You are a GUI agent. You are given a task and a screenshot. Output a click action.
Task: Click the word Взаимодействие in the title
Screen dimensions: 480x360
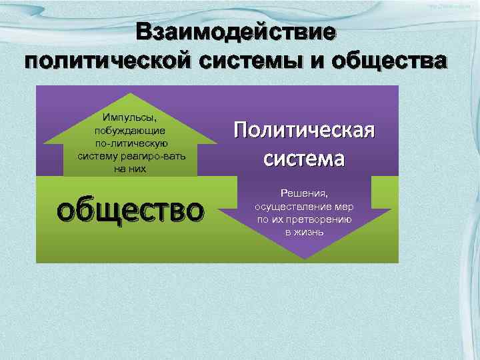(x=237, y=33)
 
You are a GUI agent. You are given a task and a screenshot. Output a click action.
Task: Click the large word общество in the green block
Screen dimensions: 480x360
(x=129, y=210)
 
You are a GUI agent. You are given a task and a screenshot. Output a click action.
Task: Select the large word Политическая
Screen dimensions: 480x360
(x=304, y=130)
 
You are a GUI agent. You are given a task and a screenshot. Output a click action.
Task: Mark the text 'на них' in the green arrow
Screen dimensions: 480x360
(x=131, y=169)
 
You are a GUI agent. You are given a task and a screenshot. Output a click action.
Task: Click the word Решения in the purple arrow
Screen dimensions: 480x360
(x=304, y=193)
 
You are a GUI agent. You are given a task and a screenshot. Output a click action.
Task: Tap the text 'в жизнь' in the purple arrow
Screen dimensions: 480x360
(x=304, y=232)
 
